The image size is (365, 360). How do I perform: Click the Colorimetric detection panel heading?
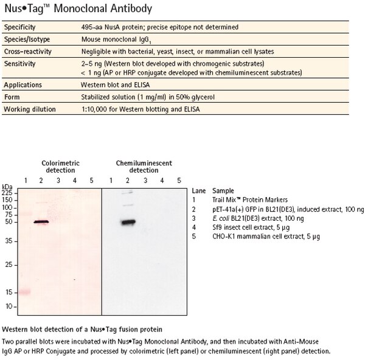pyautogui.click(x=60, y=167)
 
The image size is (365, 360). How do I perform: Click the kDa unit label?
pyautogui.click(x=7, y=186)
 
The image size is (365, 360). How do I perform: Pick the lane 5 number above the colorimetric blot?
pyautogui.click(x=92, y=181)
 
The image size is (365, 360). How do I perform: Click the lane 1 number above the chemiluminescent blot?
pyautogui.click(x=111, y=181)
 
